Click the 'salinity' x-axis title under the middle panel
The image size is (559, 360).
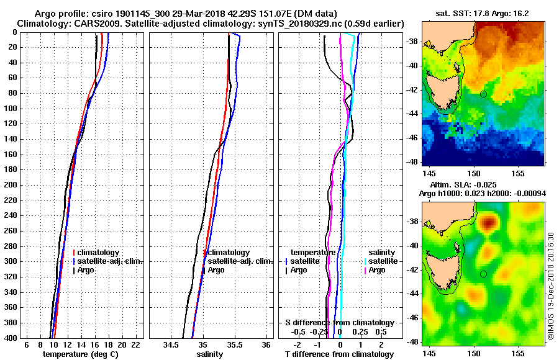point(210,354)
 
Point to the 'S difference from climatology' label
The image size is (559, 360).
point(340,323)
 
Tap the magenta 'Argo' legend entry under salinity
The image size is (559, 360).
point(377,270)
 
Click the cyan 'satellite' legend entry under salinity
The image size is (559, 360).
point(382,261)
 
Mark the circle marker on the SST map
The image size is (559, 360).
point(483,94)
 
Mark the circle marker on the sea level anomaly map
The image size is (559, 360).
point(483,274)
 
